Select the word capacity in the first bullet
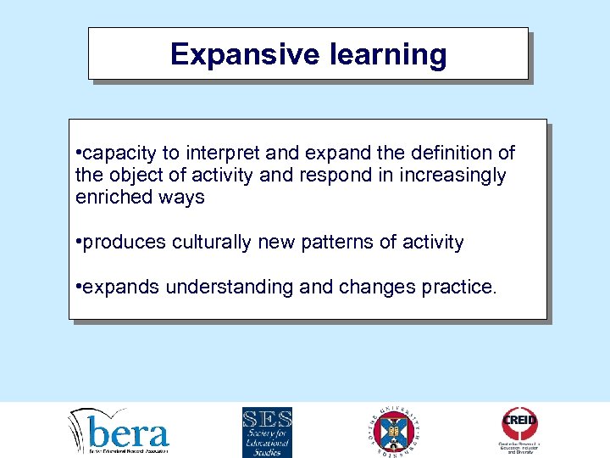[119, 154]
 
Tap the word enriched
[110, 198]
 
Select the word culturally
[212, 243]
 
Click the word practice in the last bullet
[457, 288]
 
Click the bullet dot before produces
[78, 243]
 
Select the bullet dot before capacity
[78, 154]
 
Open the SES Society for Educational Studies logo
[267, 432]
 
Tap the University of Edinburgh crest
[394, 432]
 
